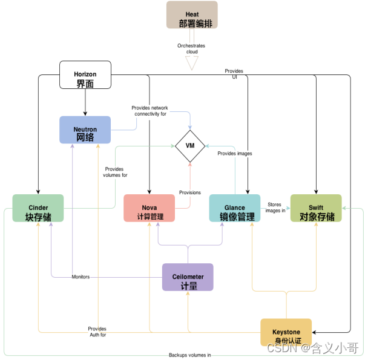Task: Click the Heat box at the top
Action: coord(192,15)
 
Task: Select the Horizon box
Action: coord(85,74)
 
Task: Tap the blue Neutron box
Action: coord(85,129)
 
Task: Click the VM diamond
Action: coord(191,146)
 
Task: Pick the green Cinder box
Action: coord(38,208)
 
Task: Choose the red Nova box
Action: coord(149,208)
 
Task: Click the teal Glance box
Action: coord(235,208)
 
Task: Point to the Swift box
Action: coord(316,208)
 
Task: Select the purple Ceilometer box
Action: coord(188,277)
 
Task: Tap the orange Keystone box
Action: coord(286,332)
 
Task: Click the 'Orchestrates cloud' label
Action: coord(191,48)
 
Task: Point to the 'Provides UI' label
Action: coord(234,74)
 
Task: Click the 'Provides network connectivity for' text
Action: coord(149,111)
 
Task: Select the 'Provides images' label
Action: coord(235,154)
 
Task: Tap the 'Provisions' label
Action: coord(190,192)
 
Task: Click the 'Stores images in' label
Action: coord(276,207)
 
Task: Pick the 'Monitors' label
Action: coord(80,277)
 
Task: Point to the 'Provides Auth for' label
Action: coord(97,332)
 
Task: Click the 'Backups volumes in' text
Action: coord(189,355)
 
